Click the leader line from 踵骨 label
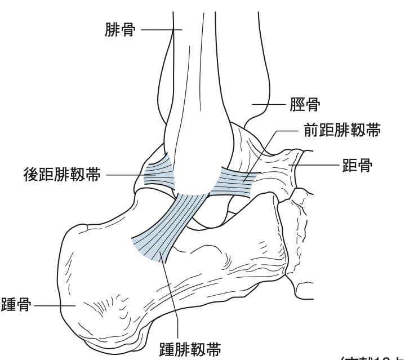point(54,305)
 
